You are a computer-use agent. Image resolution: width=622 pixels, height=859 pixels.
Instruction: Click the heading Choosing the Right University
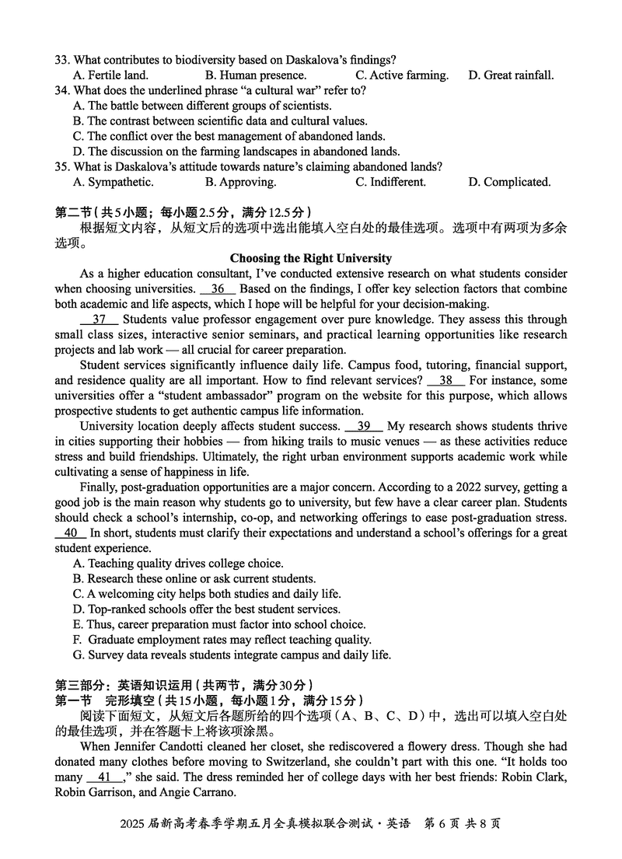[311, 258]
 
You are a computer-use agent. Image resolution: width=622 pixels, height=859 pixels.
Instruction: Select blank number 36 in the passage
[218, 288]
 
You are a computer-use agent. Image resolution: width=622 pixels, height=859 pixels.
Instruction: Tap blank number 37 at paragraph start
[99, 320]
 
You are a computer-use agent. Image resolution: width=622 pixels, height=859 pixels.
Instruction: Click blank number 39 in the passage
[363, 426]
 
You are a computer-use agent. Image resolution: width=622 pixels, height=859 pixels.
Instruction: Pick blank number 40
[71, 533]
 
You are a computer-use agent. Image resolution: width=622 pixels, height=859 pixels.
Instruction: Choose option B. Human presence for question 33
[256, 75]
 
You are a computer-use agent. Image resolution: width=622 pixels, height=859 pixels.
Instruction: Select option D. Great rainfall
[511, 75]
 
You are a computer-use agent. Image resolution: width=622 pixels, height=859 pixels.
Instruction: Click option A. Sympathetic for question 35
[113, 182]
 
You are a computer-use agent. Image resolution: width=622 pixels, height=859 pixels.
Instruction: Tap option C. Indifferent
[390, 182]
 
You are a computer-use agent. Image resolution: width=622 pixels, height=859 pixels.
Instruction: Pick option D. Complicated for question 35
[509, 182]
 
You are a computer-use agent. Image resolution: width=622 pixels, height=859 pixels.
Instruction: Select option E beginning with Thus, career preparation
[218, 624]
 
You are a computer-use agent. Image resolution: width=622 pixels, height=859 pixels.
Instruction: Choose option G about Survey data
[232, 655]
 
